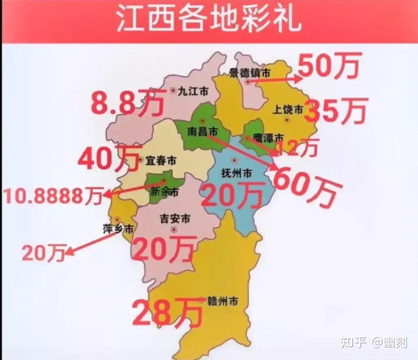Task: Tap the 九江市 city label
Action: [x=193, y=92]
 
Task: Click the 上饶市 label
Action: [x=289, y=110]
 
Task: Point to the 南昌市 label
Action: [x=203, y=132]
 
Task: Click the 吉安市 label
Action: [x=175, y=219]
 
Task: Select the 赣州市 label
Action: [x=222, y=301]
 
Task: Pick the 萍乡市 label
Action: [x=118, y=229]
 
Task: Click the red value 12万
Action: [x=297, y=148]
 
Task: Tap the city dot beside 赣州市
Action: [x=202, y=300]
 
